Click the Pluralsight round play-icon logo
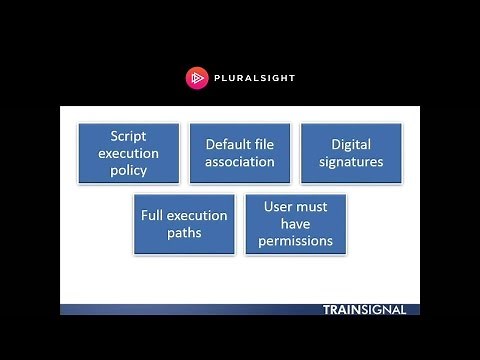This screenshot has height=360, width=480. pyautogui.click(x=197, y=78)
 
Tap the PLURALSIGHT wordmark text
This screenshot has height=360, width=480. pyautogui.click(x=254, y=78)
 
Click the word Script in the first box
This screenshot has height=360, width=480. pyautogui.click(x=128, y=136)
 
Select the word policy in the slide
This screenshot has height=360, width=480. pyautogui.click(x=128, y=170)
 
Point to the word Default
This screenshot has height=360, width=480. pyautogui.click(x=228, y=144)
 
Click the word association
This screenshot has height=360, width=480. pyautogui.click(x=240, y=162)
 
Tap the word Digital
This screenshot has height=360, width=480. pyautogui.click(x=351, y=145)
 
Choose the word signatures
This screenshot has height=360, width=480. pyautogui.click(x=351, y=162)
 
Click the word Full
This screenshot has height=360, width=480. pyautogui.click(x=152, y=215)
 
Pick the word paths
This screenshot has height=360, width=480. pyautogui.click(x=184, y=233)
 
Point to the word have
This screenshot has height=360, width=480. pyautogui.click(x=295, y=224)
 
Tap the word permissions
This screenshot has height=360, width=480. pyautogui.click(x=295, y=241)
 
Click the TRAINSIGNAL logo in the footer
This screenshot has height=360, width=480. pyautogui.click(x=364, y=310)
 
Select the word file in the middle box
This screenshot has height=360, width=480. pyautogui.click(x=264, y=144)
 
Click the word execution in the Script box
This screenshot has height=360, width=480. pyautogui.click(x=128, y=153)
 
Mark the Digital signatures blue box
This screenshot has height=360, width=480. pyautogui.click(x=351, y=153)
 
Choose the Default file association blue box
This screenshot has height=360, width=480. pyautogui.click(x=240, y=153)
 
